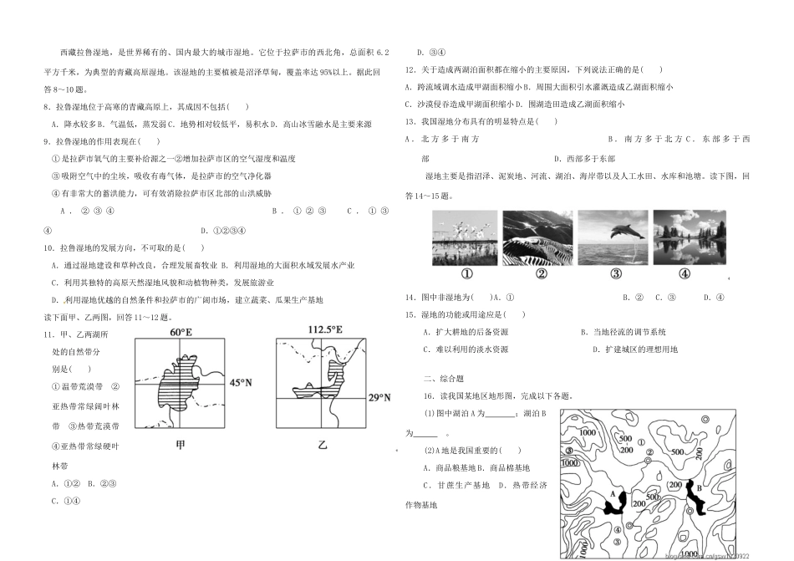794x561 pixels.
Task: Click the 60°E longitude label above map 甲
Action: [x=181, y=332]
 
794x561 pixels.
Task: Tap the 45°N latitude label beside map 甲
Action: [x=242, y=382]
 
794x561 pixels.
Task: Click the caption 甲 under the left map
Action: [x=181, y=446]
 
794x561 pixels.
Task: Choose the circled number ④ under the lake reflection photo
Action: [x=684, y=273]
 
